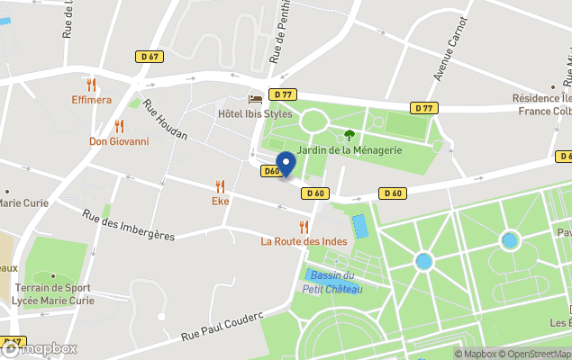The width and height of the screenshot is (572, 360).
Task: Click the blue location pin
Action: coord(285,164)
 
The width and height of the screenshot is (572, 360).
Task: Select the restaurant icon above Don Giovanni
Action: coord(119,126)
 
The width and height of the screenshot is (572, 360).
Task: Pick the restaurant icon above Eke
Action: coord(221,186)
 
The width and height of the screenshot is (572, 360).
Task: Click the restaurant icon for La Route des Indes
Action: coord(304,227)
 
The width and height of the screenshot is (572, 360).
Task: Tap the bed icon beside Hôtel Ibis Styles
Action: coord(256,99)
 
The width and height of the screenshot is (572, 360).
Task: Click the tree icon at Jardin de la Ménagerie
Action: coord(350,135)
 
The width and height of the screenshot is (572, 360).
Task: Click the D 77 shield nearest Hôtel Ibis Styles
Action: coord(284,94)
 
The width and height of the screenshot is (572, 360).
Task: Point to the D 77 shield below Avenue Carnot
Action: coord(425,108)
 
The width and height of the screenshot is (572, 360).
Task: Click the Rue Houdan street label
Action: coord(165,120)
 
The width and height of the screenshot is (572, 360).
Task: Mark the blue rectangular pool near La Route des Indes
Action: coord(359,226)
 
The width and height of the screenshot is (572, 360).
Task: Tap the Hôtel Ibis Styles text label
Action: coord(255,114)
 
